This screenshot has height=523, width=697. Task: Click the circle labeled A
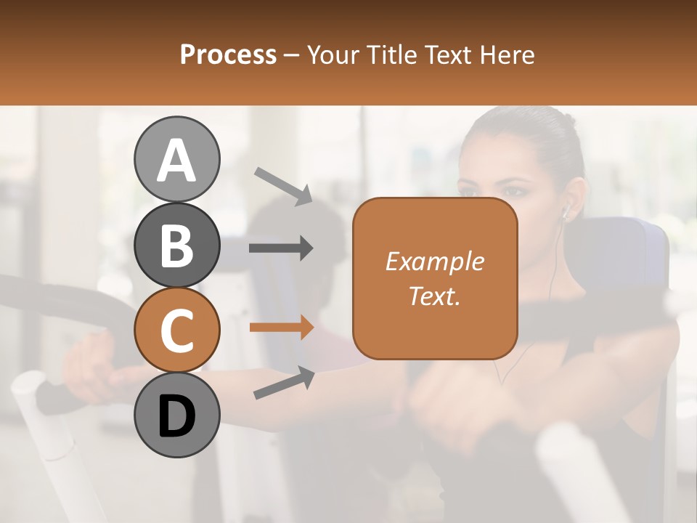pyautogui.click(x=176, y=159)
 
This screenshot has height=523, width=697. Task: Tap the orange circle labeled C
pyautogui.click(x=176, y=330)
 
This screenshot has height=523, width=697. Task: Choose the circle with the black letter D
pyautogui.click(x=176, y=415)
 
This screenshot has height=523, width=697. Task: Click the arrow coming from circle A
pyautogui.click(x=283, y=185)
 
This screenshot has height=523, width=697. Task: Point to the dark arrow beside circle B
pyautogui.click(x=281, y=248)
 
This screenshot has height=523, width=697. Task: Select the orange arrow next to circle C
pyautogui.click(x=281, y=327)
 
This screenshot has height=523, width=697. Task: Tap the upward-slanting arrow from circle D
pyautogui.click(x=284, y=383)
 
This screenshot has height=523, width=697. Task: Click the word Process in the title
pyautogui.click(x=228, y=55)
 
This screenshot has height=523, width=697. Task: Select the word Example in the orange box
pyautogui.click(x=434, y=261)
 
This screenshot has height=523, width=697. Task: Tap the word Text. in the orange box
pyautogui.click(x=434, y=296)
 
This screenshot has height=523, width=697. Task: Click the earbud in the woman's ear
pyautogui.click(x=566, y=212)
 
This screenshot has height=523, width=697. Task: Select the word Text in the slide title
pyautogui.click(x=444, y=55)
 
